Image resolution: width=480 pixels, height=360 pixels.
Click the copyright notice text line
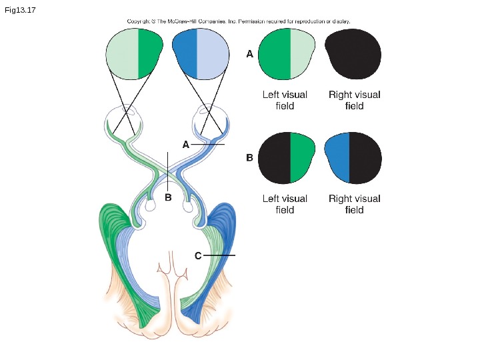[x=239, y=21]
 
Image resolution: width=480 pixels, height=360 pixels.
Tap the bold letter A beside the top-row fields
[x=250, y=55]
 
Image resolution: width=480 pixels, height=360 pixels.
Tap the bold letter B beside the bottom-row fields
[x=250, y=158]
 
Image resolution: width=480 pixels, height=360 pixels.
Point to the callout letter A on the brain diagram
[x=186, y=144]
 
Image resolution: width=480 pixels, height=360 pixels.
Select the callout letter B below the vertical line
[x=168, y=197]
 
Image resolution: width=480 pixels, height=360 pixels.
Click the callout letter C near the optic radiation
[x=198, y=255]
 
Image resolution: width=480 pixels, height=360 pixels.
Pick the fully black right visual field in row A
[x=353, y=55]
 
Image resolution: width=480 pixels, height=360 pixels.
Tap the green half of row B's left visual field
[x=302, y=158]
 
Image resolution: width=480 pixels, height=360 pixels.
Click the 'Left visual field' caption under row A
[x=285, y=100]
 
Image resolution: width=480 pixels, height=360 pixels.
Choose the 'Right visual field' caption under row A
[x=354, y=100]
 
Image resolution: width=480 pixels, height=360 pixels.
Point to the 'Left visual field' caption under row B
[x=285, y=204]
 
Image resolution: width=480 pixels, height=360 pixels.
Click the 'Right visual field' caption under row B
[x=354, y=204]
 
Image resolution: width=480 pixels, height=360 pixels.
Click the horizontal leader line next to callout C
[x=220, y=255]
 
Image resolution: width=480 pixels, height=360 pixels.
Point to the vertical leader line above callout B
[x=168, y=170]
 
